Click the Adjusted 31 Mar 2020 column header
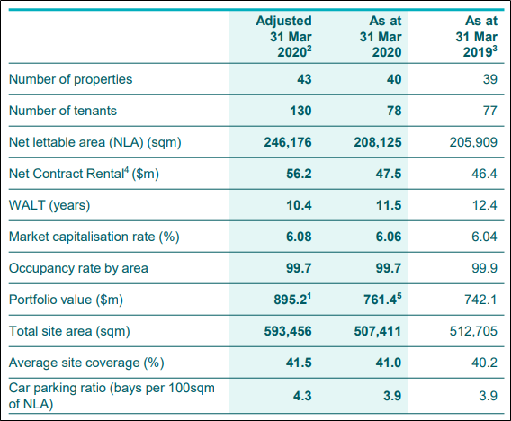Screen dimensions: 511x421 tap(283, 37)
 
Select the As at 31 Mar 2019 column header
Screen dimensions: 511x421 tap(477, 37)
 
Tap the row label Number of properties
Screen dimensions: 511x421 tap(70, 79)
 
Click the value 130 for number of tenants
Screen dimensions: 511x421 tap(300, 111)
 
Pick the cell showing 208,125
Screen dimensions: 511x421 tap(378, 142)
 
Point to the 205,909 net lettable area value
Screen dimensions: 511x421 tap(473, 142)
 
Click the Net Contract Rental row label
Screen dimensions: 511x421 tap(84, 174)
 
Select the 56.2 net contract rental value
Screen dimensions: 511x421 tap(299, 174)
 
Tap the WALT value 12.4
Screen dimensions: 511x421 tap(485, 205)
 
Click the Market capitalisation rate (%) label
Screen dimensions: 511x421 tap(94, 237)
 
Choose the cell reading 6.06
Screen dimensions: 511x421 tap(389, 237)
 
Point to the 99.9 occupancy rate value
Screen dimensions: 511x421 tap(485, 268)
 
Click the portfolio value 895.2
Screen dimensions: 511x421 tap(291, 300)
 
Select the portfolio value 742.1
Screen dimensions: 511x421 tap(480, 300)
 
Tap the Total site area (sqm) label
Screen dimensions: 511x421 tap(69, 331)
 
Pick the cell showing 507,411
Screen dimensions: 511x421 tap(378, 331)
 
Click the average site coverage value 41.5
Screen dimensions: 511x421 tap(299, 363)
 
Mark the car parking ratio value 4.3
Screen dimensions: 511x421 tap(302, 396)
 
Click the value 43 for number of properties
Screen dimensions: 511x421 tap(304, 79)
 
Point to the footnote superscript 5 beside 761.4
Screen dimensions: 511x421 tap(399, 296)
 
